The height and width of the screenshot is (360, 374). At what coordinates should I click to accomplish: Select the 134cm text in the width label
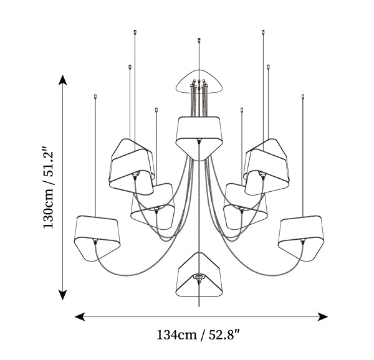pos(176,335)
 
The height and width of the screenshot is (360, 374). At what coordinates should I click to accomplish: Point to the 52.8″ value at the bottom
pos(224,335)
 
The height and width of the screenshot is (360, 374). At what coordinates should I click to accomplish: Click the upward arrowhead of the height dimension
pos(63,80)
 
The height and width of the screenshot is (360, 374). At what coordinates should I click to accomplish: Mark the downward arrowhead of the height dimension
pos(63,295)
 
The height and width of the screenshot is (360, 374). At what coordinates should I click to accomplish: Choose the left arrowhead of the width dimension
pos(80,317)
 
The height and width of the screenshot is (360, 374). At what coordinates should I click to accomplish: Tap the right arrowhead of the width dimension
pos(323,317)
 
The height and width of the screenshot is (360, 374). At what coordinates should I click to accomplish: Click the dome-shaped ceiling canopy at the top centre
pos(199,72)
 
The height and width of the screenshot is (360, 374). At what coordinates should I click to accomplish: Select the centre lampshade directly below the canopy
pos(199,138)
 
